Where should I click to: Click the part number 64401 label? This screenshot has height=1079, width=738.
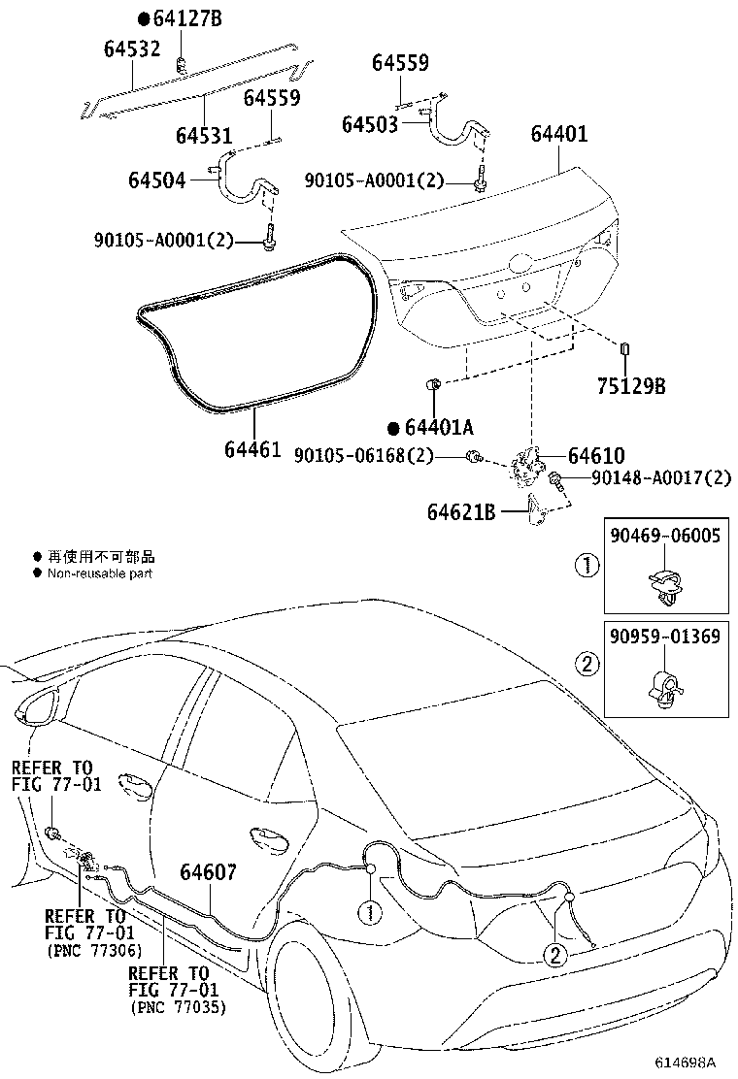coord(558,133)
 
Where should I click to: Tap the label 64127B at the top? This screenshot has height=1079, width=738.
coord(185,18)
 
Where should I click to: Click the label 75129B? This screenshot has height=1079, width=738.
coord(630,386)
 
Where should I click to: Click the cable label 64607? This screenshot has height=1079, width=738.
coord(208,872)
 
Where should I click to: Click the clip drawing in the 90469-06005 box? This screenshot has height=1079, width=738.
coord(665,585)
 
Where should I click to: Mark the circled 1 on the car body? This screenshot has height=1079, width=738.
coord(369,911)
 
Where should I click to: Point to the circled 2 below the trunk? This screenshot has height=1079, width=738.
coord(555,955)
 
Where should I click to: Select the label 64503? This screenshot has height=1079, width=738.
coord(369,124)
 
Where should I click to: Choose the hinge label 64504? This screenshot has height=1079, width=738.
coord(156,180)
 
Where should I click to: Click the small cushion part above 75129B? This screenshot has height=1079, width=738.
coord(625,349)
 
